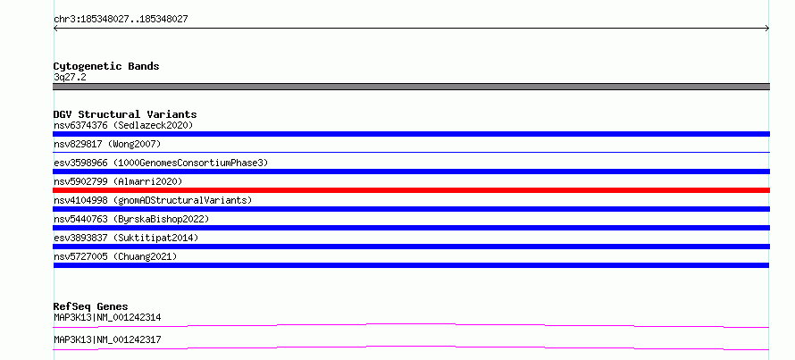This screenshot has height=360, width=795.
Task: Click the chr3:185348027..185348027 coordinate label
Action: click(x=121, y=20)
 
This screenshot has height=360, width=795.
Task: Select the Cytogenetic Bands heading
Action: click(x=106, y=66)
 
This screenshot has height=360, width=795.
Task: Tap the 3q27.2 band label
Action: click(x=70, y=78)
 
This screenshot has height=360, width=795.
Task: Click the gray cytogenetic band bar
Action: click(x=411, y=87)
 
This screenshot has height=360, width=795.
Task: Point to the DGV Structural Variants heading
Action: click(x=125, y=114)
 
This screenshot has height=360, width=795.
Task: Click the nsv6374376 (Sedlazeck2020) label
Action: click(x=123, y=125)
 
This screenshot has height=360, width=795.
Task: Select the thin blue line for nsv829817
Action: click(x=411, y=152)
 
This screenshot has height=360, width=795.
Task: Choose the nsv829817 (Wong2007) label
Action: click(x=107, y=144)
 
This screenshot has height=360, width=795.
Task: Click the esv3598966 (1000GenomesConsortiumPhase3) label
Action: click(x=161, y=163)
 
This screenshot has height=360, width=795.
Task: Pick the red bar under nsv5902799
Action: click(x=411, y=190)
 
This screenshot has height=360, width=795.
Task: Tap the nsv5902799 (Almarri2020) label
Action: click(x=118, y=181)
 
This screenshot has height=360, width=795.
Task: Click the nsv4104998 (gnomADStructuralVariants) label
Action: click(x=153, y=200)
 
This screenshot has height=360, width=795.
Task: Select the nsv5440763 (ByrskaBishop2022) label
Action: click(x=131, y=219)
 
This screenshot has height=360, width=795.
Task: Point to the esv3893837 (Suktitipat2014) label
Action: click(x=126, y=238)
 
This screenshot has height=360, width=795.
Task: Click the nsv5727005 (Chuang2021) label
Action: click(x=115, y=256)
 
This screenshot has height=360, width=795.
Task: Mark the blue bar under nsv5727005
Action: click(x=411, y=265)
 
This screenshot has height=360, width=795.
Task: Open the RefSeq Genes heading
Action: click(x=91, y=306)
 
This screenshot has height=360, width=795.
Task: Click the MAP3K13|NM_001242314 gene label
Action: click(x=107, y=318)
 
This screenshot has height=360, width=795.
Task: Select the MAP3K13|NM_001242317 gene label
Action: click(x=107, y=339)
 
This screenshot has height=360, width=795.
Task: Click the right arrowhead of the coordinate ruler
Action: click(x=767, y=29)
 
